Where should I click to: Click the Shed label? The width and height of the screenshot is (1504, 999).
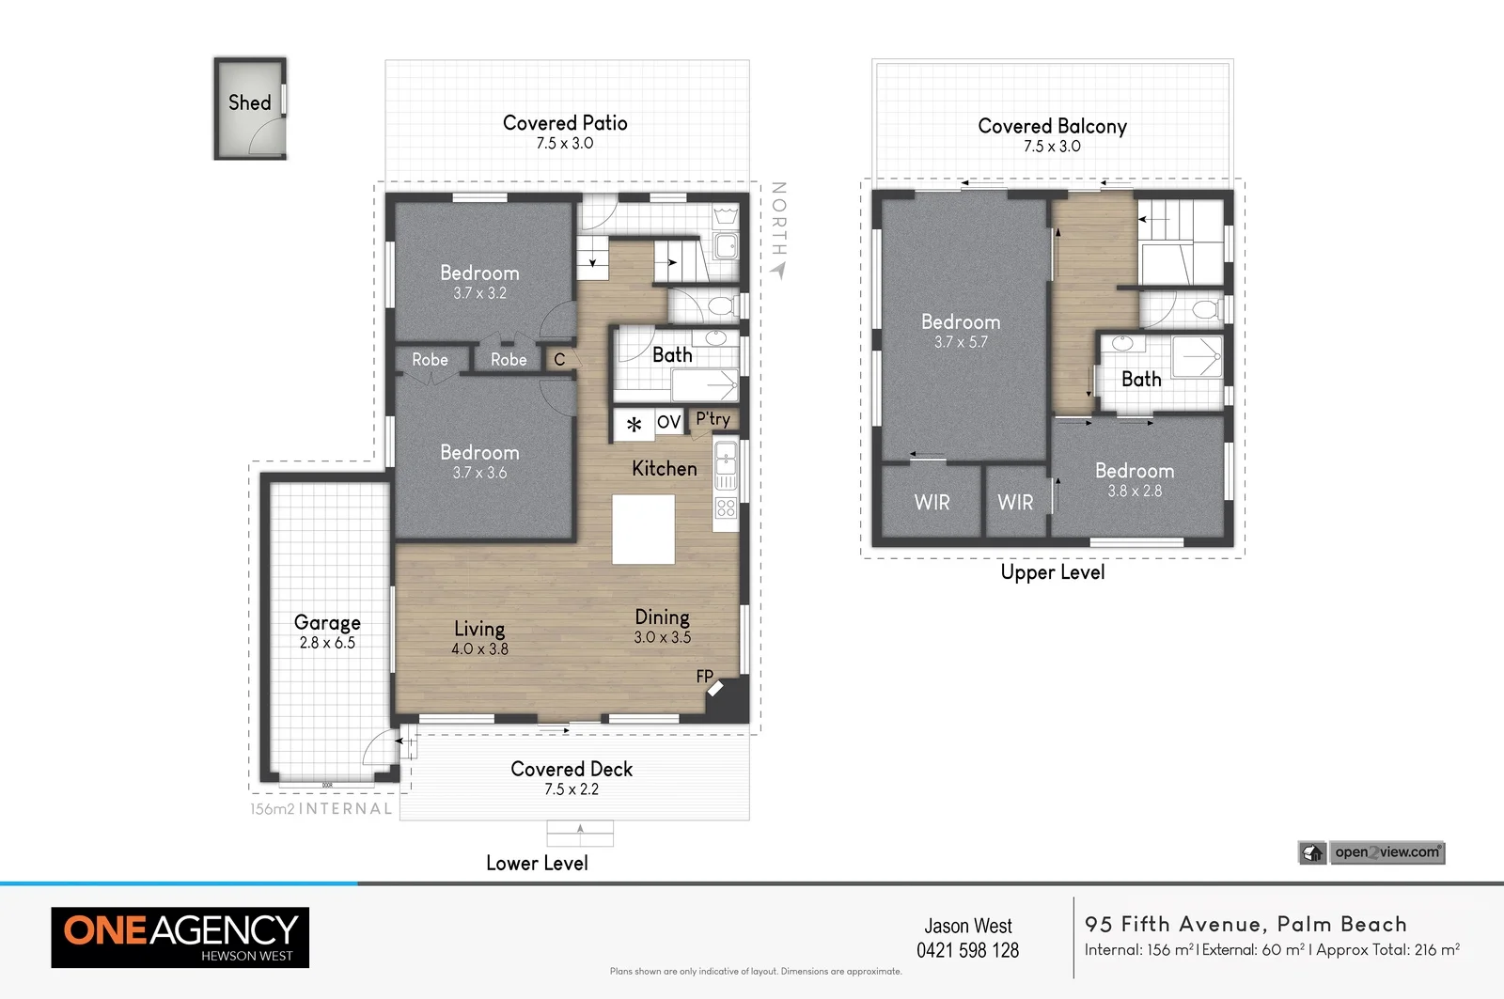(249, 102)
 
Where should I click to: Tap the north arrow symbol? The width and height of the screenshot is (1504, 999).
(778, 271)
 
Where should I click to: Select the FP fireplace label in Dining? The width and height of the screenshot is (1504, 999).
(704, 676)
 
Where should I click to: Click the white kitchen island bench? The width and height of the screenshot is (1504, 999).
(643, 529)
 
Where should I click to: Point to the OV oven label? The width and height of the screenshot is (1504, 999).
(668, 422)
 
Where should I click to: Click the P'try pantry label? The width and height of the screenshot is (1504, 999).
(713, 419)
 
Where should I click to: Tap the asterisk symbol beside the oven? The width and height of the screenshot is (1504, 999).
(634, 425)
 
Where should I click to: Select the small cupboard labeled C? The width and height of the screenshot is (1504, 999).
(559, 359)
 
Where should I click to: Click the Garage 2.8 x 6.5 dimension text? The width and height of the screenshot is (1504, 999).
(327, 643)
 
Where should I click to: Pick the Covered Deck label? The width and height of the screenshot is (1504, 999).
(572, 769)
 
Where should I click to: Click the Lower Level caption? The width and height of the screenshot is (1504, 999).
(537, 863)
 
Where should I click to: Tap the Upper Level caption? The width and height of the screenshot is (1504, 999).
(1052, 572)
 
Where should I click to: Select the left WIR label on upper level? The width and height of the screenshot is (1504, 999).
(932, 503)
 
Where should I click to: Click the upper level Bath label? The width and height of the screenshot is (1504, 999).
(1141, 380)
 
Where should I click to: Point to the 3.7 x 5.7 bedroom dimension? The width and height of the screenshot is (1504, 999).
(961, 342)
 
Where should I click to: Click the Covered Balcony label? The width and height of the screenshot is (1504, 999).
(1052, 126)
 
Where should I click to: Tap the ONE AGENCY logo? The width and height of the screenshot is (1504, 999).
(180, 937)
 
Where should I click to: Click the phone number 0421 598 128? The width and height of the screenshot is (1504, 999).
(967, 950)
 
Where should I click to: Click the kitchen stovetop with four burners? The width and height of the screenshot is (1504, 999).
(726, 508)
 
